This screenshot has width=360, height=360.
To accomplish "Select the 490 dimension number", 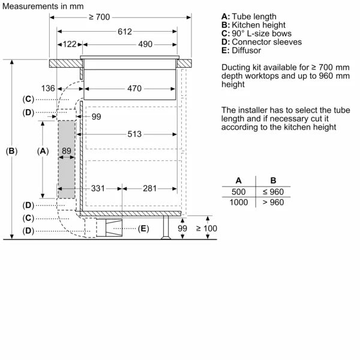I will (x=145, y=44).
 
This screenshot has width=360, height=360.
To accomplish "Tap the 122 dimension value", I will (x=70, y=44).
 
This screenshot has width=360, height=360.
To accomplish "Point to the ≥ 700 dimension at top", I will (x=99, y=17).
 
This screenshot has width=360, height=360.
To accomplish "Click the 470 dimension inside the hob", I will (x=134, y=89).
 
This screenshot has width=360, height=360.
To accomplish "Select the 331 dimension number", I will (x=98, y=188).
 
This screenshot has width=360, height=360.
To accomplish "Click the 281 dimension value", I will (x=150, y=188).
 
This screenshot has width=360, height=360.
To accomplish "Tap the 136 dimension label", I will (x=49, y=89).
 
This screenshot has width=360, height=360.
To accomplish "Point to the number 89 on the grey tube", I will (x=67, y=151).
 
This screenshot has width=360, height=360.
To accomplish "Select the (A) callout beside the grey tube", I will (x=42, y=151).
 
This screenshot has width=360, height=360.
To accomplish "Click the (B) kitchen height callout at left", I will (x=11, y=151).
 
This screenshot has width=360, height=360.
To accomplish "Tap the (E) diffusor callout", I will (x=143, y=229).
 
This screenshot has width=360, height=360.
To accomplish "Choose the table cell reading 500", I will (x=238, y=192).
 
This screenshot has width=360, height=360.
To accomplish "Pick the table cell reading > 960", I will (x=273, y=202).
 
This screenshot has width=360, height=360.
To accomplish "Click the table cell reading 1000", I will (x=238, y=202).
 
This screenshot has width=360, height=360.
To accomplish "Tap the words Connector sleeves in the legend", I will (x=266, y=42).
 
